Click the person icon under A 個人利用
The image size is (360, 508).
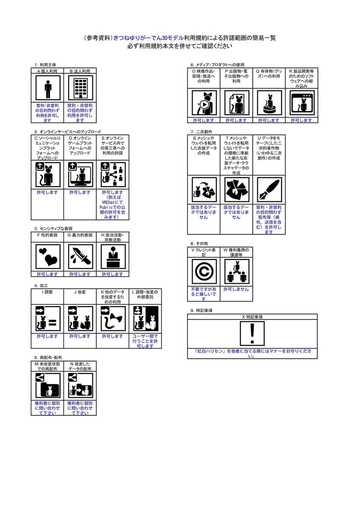click(x=48, y=89)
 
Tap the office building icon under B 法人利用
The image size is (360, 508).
click(x=79, y=89)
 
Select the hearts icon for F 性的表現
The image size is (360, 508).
click(x=48, y=256)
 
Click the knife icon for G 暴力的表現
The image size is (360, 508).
click(x=79, y=256)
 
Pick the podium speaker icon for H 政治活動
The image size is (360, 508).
click(x=113, y=256)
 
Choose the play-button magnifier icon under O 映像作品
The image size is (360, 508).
click(x=204, y=104)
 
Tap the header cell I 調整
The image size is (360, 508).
click(x=48, y=292)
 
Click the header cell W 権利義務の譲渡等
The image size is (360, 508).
click(x=236, y=253)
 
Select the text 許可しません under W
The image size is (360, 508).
click(x=236, y=289)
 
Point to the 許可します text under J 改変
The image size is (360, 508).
click(x=80, y=336)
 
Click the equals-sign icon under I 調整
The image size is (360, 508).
click(x=48, y=318)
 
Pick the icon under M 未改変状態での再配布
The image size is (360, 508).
click(x=48, y=386)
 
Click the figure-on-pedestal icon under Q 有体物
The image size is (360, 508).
click(x=269, y=104)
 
